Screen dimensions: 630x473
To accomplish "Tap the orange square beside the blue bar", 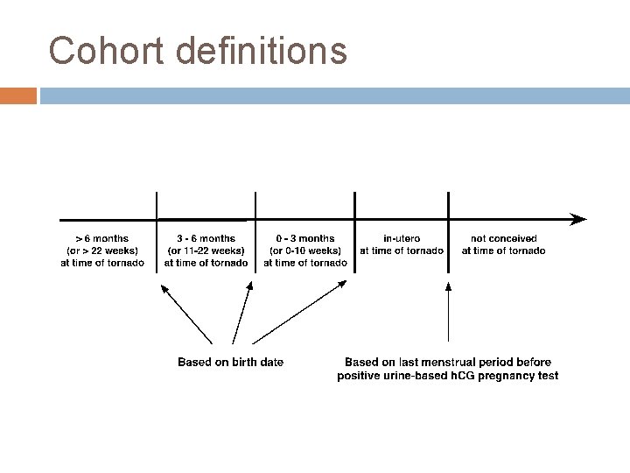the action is pos(18,95).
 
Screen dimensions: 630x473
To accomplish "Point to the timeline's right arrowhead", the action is pos(577,218).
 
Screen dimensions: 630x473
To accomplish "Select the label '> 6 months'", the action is pos(102,238).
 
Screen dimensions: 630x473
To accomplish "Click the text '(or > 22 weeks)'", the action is pos(102,251).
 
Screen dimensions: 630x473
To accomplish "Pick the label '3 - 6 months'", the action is pos(206,238).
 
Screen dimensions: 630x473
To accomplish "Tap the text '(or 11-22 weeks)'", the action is pos(206,251).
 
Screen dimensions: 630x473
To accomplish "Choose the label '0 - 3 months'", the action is pos(305,238).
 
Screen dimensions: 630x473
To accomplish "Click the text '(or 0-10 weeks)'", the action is pos(305,251).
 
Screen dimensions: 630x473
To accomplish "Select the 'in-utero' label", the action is pos(402,238).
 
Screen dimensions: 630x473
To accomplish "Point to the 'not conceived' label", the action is pos(504,238).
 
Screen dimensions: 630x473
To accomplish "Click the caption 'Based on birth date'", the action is pos(230,362).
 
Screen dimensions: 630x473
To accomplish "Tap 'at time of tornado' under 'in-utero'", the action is pos(402,251).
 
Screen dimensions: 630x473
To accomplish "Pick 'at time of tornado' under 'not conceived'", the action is pos(504,251).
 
